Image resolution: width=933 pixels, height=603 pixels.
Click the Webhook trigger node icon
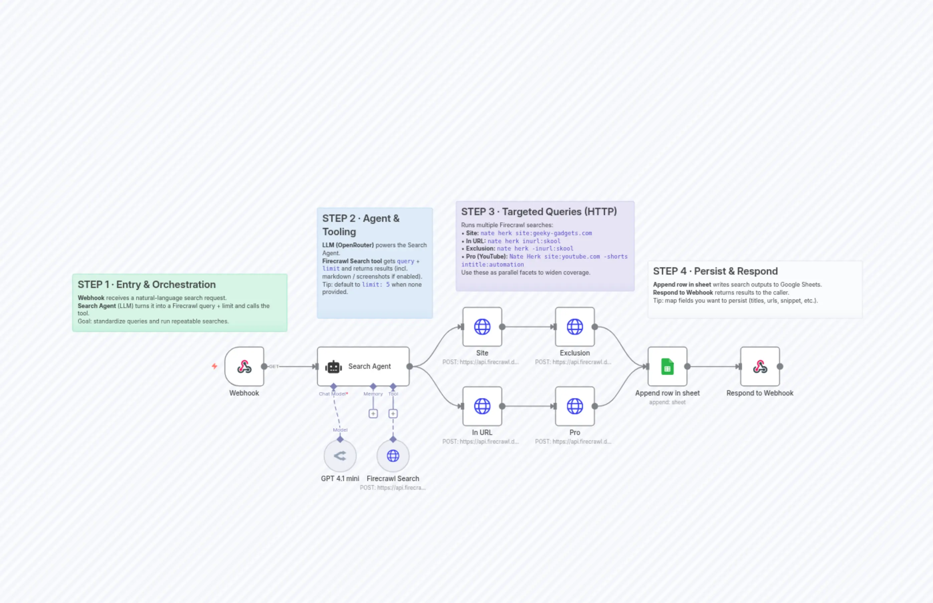pos(244,366)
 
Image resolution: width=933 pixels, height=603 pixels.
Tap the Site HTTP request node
pos(482,327)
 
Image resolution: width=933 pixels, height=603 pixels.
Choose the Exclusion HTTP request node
pos(574,327)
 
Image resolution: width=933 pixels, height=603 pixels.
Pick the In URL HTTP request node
pos(482,406)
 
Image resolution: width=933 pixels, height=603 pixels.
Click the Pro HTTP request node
pos(574,406)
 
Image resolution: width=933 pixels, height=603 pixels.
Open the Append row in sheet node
pos(667,366)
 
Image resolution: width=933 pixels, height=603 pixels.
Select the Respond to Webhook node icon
pos(760,366)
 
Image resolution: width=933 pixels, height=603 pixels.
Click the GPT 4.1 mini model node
pos(340,456)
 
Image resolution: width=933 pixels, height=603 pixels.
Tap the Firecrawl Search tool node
pos(393,456)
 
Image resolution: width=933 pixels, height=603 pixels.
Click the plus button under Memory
pos(373,414)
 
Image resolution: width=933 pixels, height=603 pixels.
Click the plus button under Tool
pos(393,414)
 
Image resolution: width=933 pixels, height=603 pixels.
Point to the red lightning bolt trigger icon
pos(214,366)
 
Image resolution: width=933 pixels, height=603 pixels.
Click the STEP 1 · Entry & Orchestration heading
pos(146,285)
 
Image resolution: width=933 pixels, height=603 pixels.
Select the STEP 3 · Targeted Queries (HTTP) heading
pos(539,212)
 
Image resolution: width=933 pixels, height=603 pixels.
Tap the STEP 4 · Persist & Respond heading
pos(715,271)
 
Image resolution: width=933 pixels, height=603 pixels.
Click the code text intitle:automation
pos(492,265)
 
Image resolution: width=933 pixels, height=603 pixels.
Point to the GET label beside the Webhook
pos(273,366)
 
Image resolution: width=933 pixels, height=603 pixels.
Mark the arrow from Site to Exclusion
pos(528,327)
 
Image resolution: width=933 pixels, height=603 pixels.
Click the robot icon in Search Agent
pos(334,367)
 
